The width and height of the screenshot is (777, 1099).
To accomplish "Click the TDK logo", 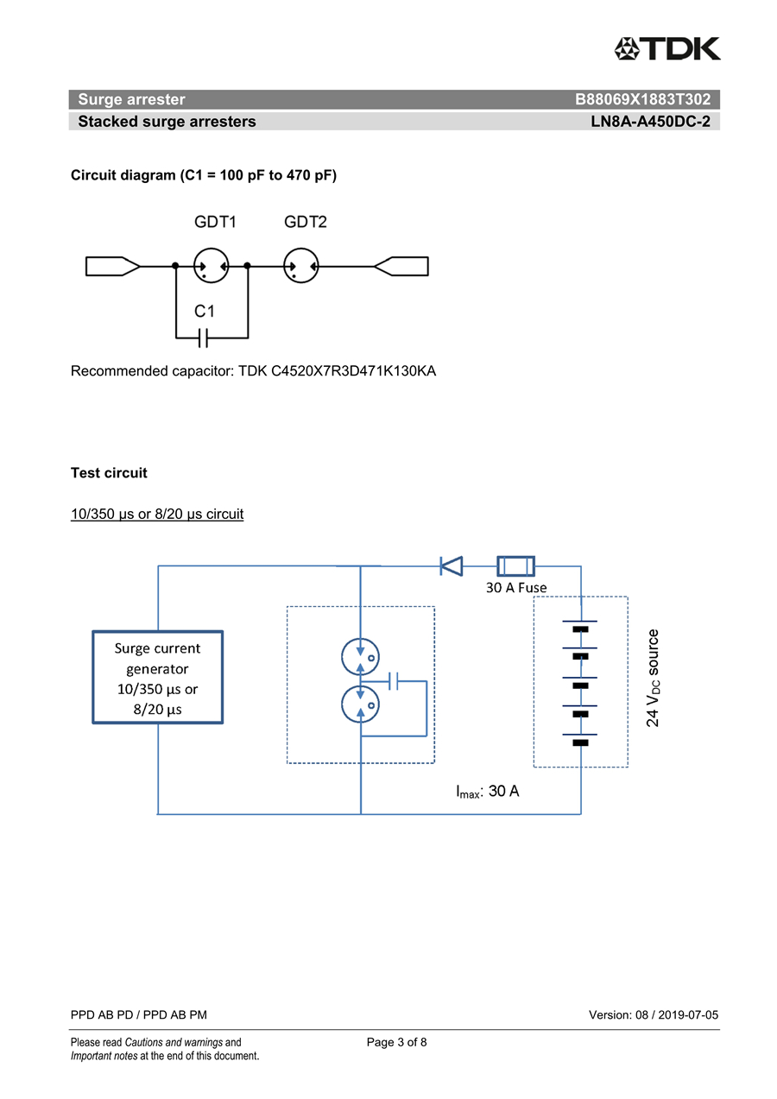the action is click(667, 48).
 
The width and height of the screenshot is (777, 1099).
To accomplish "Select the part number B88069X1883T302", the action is click(642, 99).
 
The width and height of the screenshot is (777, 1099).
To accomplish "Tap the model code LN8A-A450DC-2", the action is click(650, 121).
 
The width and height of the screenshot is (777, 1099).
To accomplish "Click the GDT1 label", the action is click(215, 222).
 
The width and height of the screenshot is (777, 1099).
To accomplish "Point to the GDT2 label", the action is click(305, 222).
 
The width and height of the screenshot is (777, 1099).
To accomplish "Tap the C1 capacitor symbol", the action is click(204, 338).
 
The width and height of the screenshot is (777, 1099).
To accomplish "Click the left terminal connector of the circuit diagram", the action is click(113, 266).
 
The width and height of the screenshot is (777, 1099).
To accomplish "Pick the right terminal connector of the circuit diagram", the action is click(401, 266).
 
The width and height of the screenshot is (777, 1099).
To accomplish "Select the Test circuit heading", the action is click(109, 473).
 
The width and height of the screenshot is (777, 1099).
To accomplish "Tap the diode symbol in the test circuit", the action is click(452, 566).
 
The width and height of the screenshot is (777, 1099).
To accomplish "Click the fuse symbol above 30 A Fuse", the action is click(515, 566).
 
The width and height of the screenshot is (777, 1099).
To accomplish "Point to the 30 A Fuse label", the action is click(516, 588).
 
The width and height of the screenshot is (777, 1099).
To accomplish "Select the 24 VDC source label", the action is click(653, 678).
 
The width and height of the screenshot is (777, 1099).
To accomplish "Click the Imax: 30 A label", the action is click(488, 792).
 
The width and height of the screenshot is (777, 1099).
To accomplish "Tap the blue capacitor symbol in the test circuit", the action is click(393, 681).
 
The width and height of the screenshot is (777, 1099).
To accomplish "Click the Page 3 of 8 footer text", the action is click(397, 1042).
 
